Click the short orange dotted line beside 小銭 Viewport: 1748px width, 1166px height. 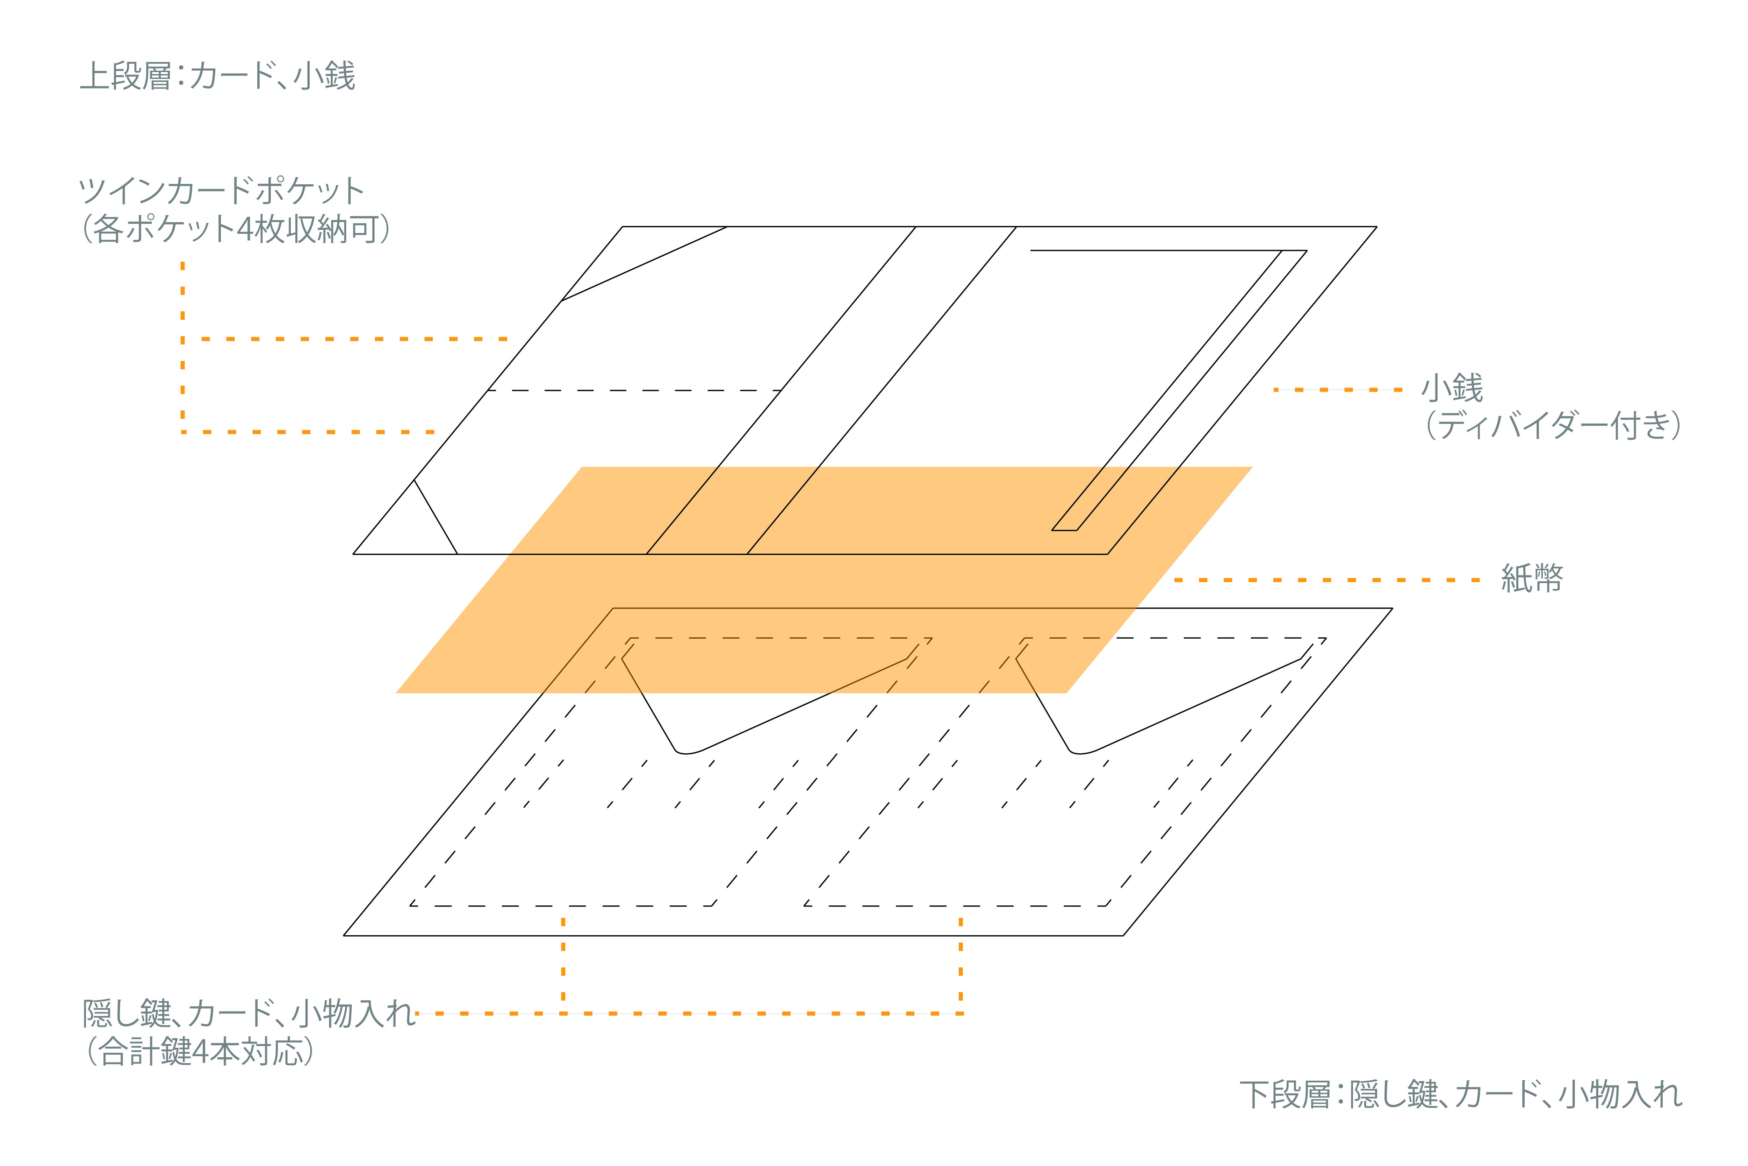click(x=1338, y=389)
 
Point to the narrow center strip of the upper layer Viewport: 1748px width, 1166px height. click(x=831, y=390)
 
